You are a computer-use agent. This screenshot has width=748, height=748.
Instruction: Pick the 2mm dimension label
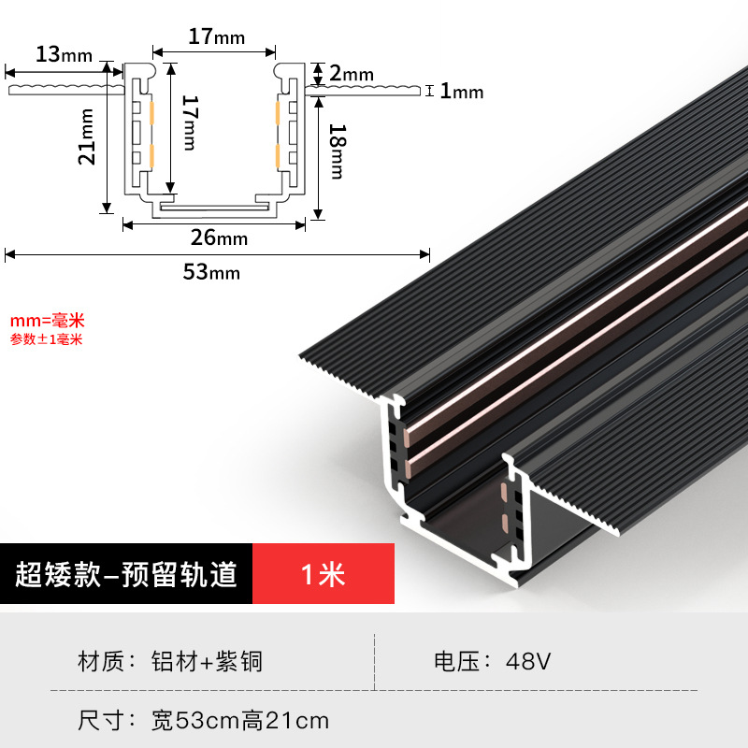[x=352, y=73]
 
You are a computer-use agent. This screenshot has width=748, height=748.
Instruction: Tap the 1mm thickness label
[x=461, y=91]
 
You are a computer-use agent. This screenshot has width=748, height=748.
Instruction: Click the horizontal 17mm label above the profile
[x=216, y=37]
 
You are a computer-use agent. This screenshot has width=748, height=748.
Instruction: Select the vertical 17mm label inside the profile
[x=188, y=122]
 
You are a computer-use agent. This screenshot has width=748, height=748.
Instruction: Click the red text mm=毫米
[x=47, y=321]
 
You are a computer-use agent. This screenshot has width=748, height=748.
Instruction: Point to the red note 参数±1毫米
[x=47, y=339]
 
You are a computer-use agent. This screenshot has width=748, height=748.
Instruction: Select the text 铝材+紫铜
[x=207, y=662]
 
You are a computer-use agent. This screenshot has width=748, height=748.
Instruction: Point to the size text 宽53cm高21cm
[x=240, y=721]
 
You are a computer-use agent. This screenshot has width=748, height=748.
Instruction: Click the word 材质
[x=100, y=662]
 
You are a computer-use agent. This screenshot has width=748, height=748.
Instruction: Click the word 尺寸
[x=100, y=721]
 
